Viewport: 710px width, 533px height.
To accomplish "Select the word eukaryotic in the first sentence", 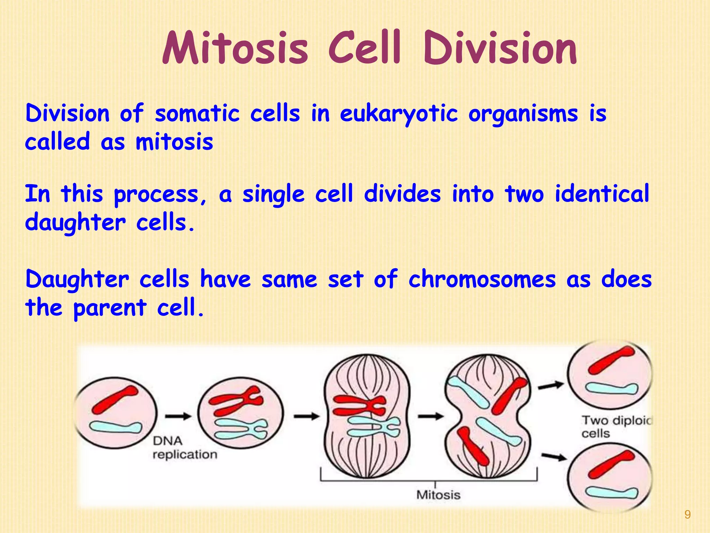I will [399, 114].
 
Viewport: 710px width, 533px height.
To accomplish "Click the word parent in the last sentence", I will [110, 308].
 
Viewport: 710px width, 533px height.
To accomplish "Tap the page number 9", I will [687, 515].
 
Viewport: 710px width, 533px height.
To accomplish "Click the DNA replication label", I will [184, 448].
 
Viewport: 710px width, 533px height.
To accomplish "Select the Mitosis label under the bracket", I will [438, 495].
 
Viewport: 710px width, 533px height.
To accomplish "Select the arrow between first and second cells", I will [178, 416].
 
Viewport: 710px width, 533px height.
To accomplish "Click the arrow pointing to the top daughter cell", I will [551, 385].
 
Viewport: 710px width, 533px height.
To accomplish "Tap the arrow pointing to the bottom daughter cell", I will [554, 457].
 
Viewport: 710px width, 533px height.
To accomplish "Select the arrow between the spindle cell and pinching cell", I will [431, 416].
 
